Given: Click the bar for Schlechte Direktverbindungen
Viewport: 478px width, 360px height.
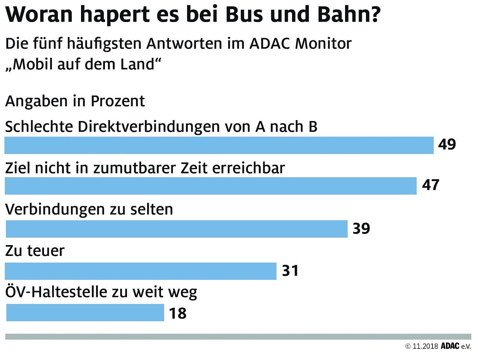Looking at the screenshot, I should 219,145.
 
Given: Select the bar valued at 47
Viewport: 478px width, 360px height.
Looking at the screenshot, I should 210,186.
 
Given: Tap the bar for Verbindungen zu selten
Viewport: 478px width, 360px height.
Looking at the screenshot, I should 177,229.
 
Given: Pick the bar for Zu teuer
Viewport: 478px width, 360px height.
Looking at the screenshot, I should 140,271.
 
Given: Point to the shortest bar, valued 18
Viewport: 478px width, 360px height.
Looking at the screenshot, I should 85,313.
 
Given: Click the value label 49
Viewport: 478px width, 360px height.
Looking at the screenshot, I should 447,144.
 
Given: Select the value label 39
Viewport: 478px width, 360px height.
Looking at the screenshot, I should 361,228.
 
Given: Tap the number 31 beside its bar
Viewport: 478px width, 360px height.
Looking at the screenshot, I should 290,271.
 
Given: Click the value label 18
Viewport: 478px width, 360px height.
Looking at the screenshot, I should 177,313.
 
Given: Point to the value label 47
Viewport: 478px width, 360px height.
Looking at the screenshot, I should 431,185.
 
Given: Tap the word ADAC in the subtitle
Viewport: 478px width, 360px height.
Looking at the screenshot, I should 270,44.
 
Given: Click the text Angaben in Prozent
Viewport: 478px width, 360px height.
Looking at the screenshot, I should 75,101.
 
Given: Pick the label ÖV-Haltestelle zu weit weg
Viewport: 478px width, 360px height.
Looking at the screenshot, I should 101,292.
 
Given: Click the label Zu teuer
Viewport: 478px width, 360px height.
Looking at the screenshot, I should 35,251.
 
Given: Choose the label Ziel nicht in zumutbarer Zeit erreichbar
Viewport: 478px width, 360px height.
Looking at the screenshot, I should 145,168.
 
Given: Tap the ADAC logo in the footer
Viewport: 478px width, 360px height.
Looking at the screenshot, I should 450,346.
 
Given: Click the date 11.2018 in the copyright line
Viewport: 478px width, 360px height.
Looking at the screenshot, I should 425,346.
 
